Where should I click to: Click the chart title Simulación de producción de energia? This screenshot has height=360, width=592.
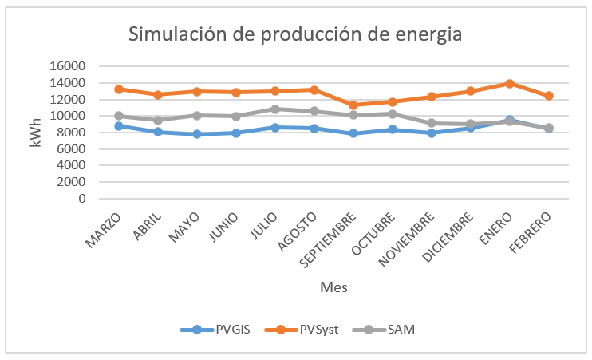[x=295, y=34]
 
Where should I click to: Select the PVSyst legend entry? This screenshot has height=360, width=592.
[x=319, y=330]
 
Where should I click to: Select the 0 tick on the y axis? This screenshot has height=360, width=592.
[x=82, y=199]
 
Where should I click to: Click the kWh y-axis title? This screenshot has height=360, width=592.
[x=34, y=132]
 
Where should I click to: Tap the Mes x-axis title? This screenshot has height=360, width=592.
[x=333, y=286]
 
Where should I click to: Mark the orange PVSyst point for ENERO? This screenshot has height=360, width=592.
[x=509, y=83]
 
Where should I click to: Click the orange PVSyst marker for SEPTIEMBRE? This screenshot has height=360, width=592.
[x=353, y=105]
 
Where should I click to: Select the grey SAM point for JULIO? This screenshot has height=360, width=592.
[x=274, y=109]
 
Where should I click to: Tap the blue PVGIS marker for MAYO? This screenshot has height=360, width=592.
[x=196, y=134]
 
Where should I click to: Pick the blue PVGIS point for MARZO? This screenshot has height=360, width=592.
[x=118, y=125]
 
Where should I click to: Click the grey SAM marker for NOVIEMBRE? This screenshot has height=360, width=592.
[x=431, y=123]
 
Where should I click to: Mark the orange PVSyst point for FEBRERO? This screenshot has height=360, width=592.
[x=548, y=96]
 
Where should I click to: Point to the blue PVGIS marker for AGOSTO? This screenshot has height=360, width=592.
[x=314, y=129]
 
